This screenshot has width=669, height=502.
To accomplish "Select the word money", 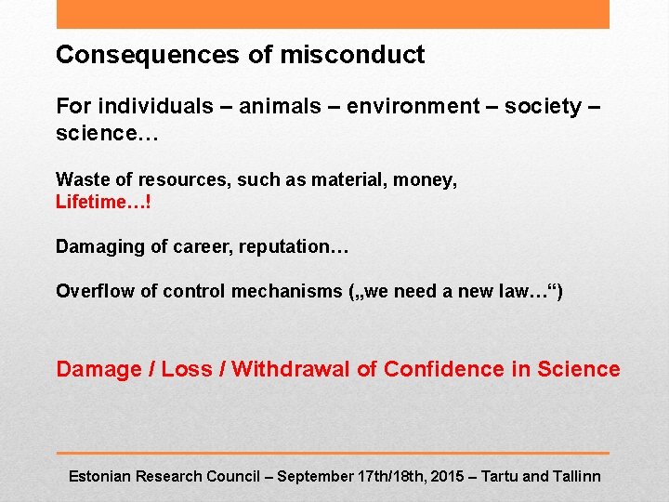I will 429,179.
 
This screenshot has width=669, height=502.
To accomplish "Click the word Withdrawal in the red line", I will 291,369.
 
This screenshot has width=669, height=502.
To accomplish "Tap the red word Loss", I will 187,369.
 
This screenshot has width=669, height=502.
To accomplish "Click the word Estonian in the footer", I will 99,476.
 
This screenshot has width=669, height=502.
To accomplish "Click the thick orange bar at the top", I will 333,14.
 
